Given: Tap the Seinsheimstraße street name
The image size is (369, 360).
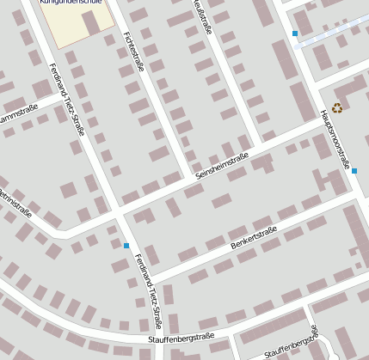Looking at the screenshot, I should pyautogui.click(x=222, y=165).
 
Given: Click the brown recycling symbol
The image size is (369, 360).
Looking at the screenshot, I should pyautogui.click(x=337, y=107).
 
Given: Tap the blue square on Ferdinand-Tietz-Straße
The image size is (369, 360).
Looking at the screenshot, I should pyautogui.click(x=126, y=247).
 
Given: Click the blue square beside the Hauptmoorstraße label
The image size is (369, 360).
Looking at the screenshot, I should pyautogui.click(x=354, y=170).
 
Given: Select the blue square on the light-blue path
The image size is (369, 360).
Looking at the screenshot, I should pyautogui.click(x=295, y=34).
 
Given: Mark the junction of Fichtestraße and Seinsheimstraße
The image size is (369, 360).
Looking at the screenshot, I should pyautogui.click(x=191, y=178).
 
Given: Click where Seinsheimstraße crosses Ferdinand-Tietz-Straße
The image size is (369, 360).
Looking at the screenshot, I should pyautogui.click(x=114, y=211).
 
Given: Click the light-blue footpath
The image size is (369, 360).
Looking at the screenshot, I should pyautogui.click(x=331, y=33).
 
